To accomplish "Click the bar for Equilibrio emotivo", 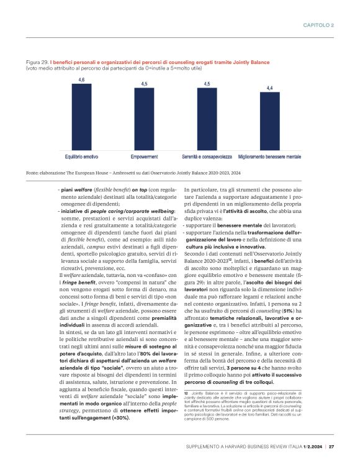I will point(81,117).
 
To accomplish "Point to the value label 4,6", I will point(81,80).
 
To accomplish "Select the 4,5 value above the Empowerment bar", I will point(144,84).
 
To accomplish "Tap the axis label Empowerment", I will point(144,156).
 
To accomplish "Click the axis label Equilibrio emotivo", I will point(81,156).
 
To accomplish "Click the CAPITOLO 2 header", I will point(319,25).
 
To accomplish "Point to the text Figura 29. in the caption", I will point(37,63).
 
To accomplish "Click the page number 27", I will point(331,447).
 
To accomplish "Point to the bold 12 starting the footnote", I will point(186,393).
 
